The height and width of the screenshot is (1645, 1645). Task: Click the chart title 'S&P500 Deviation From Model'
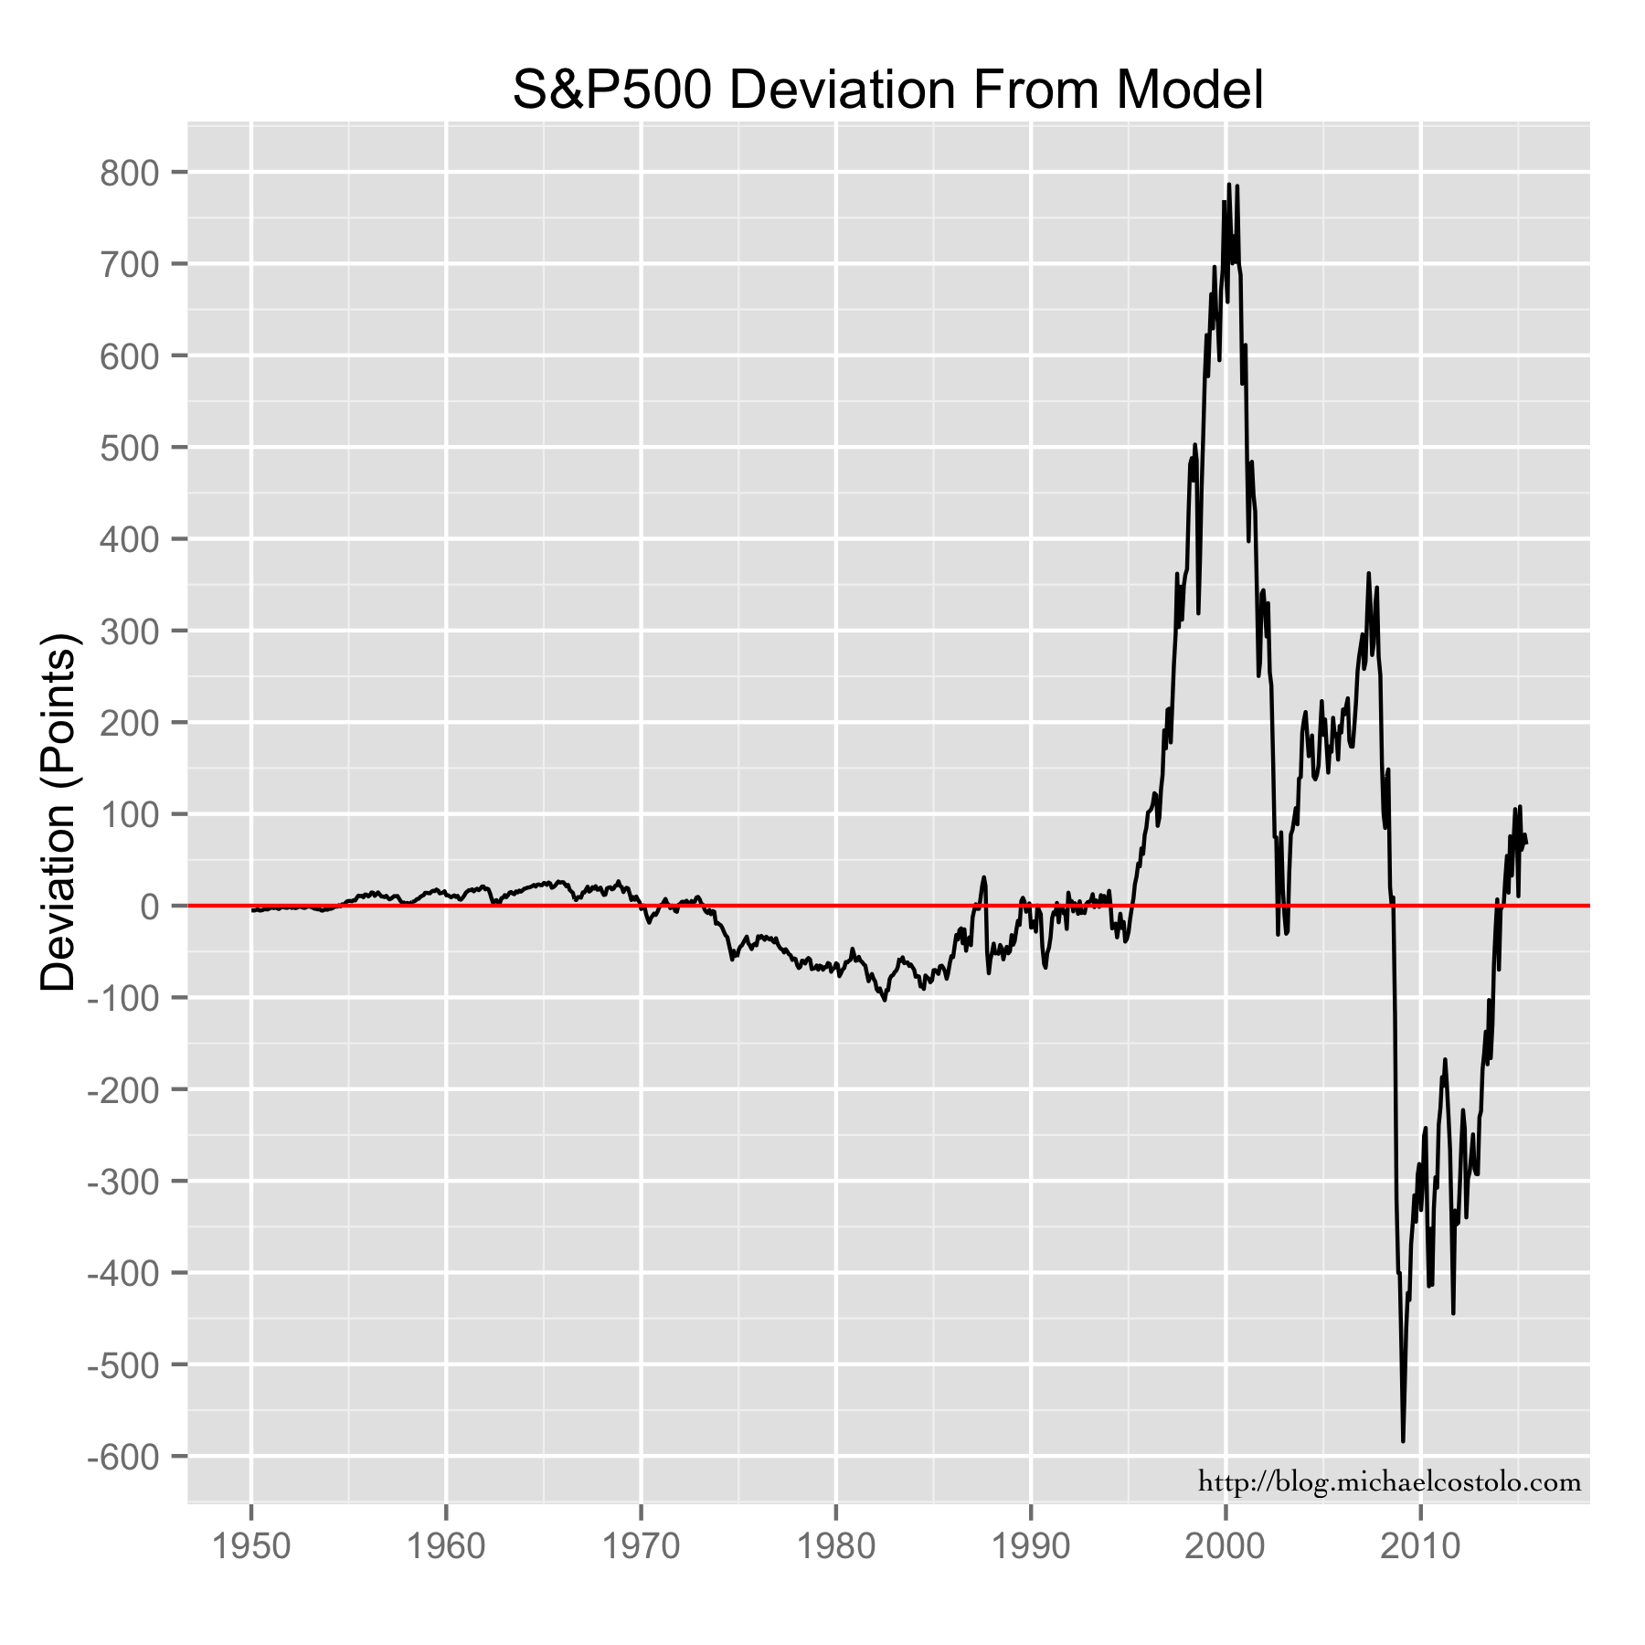click(x=887, y=91)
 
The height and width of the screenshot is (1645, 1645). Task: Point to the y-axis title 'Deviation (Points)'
click(x=60, y=812)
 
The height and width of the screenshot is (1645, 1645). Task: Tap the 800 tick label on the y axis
click(x=130, y=173)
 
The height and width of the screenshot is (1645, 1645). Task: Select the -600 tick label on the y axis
click(x=123, y=1457)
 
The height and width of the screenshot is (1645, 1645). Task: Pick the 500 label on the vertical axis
click(x=130, y=448)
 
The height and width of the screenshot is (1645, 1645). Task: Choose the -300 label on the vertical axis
click(x=123, y=1182)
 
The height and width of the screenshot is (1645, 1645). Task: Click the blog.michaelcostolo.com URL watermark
click(x=1389, y=1482)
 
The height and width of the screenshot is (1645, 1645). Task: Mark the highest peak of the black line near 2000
click(x=1229, y=184)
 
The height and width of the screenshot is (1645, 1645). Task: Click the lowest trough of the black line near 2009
click(x=1403, y=1441)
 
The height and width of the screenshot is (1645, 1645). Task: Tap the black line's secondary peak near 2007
click(x=1368, y=574)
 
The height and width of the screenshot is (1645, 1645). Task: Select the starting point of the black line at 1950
click(x=252, y=910)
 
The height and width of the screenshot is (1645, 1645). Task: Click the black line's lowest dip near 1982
click(x=885, y=1000)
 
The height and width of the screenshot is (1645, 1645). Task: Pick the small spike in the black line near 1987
click(x=984, y=877)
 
